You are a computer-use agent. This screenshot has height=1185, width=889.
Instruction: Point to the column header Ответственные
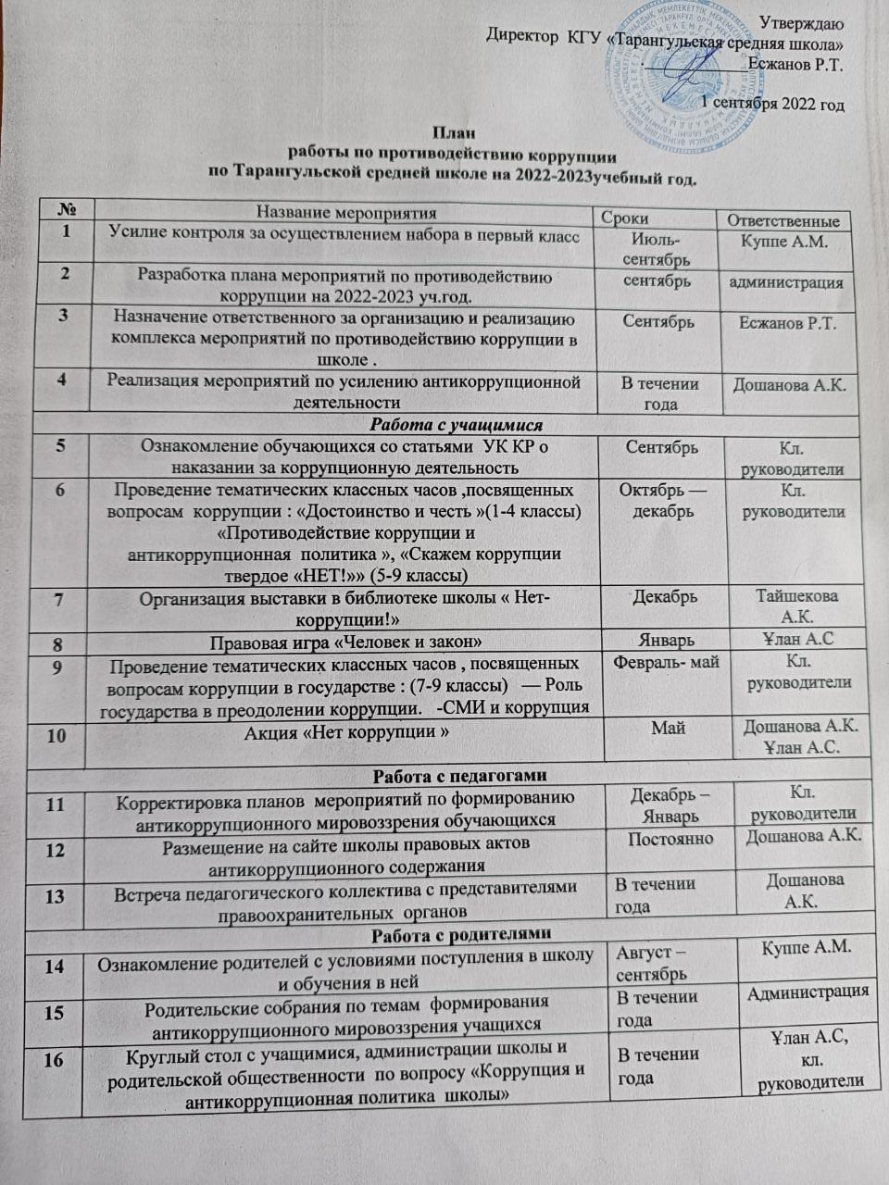(783, 220)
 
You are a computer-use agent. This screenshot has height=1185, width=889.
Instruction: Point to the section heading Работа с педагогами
(458, 774)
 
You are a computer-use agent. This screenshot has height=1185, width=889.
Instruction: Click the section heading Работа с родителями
(461, 932)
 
